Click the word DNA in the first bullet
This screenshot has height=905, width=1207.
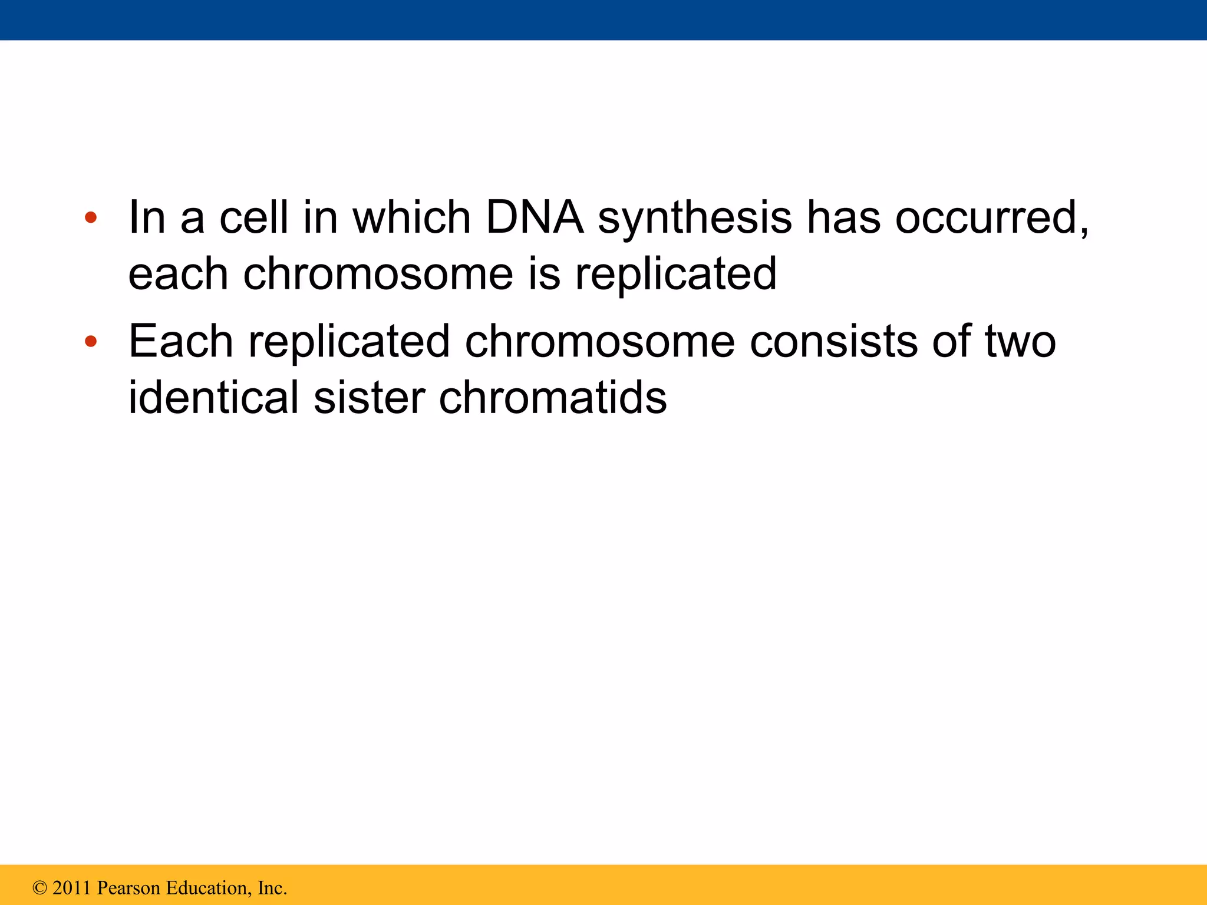tap(534, 217)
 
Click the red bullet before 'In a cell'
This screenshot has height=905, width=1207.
tap(90, 217)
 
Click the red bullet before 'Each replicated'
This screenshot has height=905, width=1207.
tap(90, 341)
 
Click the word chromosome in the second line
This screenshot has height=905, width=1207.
tap(378, 273)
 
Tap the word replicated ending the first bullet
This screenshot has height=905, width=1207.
tap(675, 275)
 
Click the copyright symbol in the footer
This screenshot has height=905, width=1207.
tap(39, 887)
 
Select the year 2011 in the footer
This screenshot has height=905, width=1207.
tap(72, 887)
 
